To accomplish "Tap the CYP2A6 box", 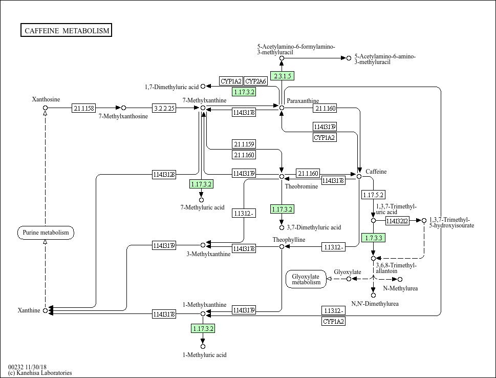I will [255, 81].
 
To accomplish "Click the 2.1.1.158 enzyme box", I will [83, 108].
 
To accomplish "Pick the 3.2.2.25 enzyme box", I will [164, 108].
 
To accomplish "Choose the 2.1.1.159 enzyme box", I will [244, 144].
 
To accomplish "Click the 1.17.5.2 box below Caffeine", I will [373, 195].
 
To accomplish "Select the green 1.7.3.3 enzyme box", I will [373, 238].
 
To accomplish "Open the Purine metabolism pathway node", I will [46, 233].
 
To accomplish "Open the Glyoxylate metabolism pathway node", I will [306, 279].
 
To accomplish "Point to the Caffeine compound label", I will [376, 172].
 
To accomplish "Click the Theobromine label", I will [301, 186].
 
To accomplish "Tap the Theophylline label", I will [289, 240].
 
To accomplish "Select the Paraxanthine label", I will [303, 101].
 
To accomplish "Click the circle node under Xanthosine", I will [45, 108].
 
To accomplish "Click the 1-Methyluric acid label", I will [205, 354].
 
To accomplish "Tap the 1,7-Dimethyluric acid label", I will [171, 87].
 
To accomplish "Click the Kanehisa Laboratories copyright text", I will [40, 373].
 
